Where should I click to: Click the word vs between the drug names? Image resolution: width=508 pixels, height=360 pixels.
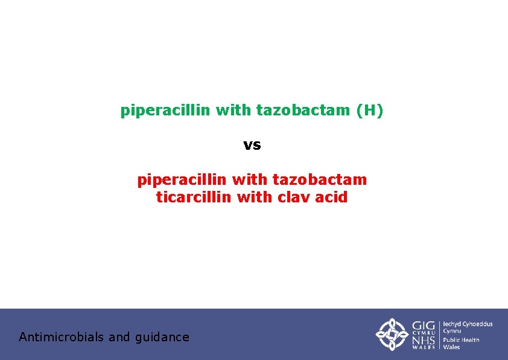tap(252, 145)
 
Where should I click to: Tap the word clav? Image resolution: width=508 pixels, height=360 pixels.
tap(294, 197)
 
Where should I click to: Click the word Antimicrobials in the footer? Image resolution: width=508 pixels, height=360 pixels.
tap(61, 337)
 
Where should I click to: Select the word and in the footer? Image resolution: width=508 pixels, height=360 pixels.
tap(119, 337)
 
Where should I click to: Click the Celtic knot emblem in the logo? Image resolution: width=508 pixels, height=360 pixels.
tap(392, 334)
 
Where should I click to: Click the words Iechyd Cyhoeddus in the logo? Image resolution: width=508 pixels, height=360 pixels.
tap(468, 324)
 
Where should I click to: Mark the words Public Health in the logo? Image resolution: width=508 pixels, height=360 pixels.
tap(461, 340)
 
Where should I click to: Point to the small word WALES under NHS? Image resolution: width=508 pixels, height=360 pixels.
tap(424, 347)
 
